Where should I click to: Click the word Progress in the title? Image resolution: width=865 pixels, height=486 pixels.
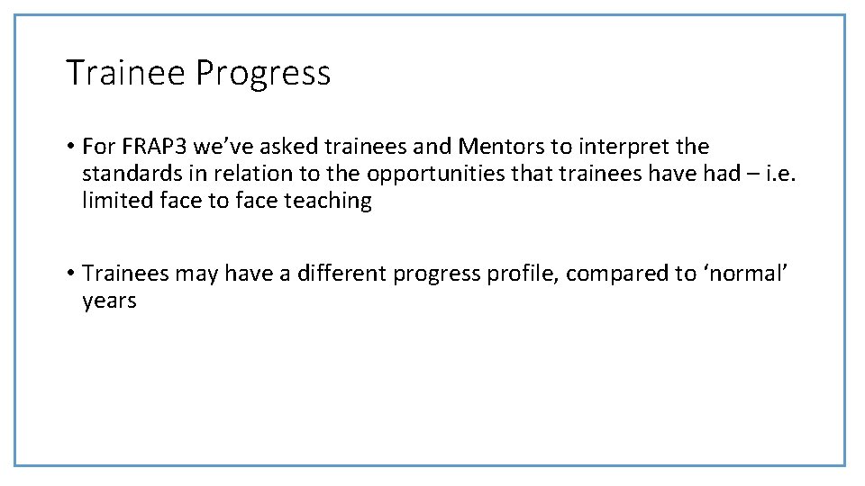(x=262, y=74)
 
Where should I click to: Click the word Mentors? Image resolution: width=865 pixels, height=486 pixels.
(x=497, y=146)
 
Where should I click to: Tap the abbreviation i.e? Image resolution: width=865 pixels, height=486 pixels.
(x=780, y=173)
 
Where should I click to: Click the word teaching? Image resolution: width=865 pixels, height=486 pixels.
(x=328, y=201)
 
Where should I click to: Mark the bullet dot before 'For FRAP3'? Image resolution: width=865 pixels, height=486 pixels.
(x=69, y=147)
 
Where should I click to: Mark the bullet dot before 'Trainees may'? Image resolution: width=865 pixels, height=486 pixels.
(x=69, y=274)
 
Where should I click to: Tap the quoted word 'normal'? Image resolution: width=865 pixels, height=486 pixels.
(x=745, y=273)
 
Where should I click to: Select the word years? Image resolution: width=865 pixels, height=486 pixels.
(x=109, y=301)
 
